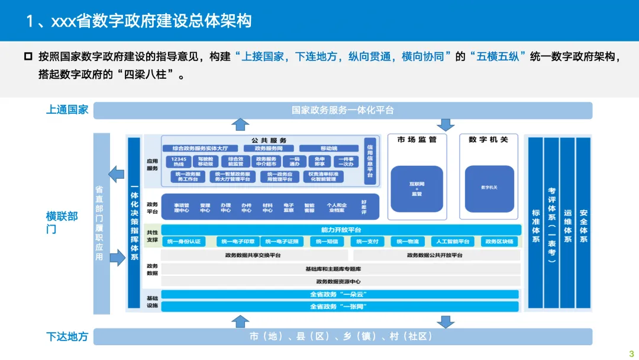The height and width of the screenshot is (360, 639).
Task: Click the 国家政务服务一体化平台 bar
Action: click(343, 110)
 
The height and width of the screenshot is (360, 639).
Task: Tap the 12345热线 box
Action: click(179, 162)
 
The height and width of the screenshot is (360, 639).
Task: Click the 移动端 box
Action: click(328, 149)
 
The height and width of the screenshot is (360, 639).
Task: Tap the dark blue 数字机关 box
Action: click(489, 188)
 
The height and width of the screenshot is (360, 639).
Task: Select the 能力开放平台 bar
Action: click(341, 230)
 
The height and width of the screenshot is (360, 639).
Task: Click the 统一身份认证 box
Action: click(184, 242)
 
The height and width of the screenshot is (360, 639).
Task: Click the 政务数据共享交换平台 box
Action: click(253, 255)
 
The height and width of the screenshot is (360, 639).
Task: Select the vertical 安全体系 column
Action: click(583, 224)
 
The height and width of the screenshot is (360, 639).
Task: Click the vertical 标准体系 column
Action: click(535, 224)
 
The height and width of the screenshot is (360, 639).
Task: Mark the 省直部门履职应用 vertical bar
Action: click(100, 223)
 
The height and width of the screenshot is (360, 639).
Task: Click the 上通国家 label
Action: click(67, 110)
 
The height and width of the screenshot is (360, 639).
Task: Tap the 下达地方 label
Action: click(67, 336)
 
